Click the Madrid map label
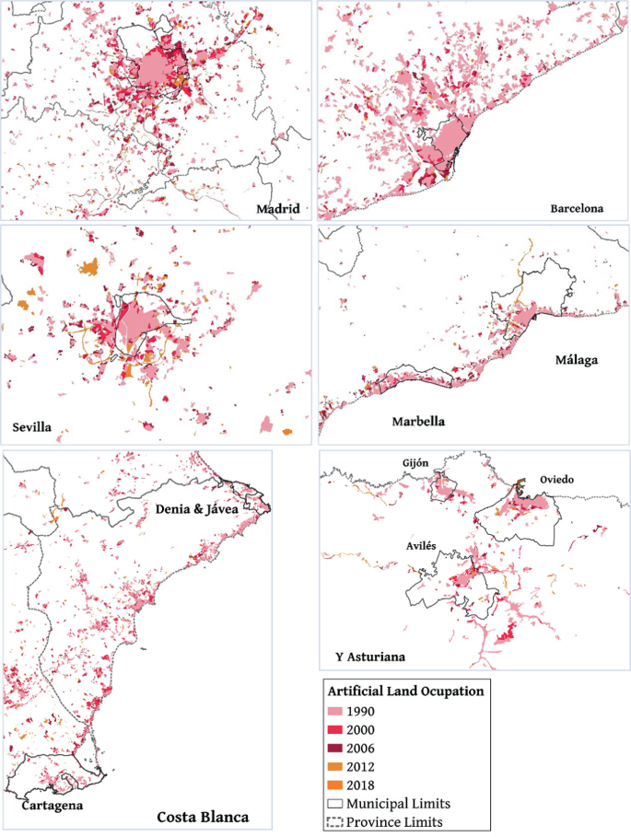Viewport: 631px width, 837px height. coord(278,209)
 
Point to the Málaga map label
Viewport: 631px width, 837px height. coord(577,359)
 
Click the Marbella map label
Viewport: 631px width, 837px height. coord(419,422)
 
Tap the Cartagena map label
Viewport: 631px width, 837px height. coord(52,805)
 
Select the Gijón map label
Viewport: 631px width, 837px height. coord(415,463)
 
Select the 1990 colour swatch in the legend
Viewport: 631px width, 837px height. coord(338,710)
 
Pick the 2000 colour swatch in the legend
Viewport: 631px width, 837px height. coord(338,728)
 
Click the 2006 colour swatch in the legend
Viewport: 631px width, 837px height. coord(338,747)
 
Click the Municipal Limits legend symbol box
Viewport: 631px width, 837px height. coord(338,804)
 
